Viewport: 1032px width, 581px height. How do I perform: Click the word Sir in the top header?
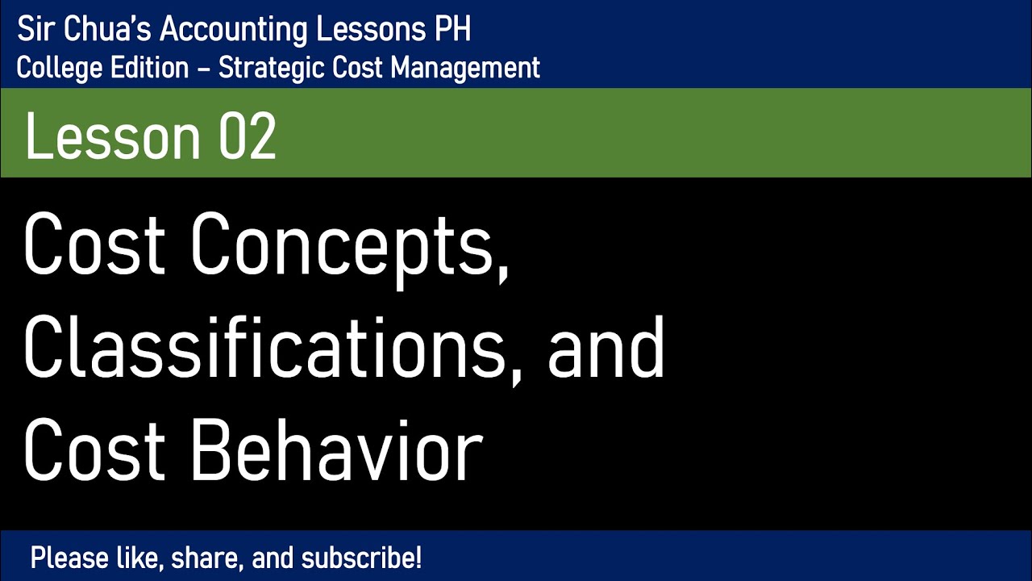tap(34, 30)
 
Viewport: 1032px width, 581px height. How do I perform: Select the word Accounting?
tap(235, 30)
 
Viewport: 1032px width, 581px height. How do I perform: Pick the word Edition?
tap(144, 69)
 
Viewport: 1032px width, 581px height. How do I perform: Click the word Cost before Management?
tap(357, 69)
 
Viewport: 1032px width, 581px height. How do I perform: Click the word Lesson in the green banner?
tap(111, 136)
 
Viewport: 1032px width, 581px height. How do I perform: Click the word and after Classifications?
tap(606, 348)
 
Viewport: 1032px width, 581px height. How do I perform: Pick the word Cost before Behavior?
tap(94, 451)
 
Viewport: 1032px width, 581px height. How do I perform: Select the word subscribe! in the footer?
tap(362, 558)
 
